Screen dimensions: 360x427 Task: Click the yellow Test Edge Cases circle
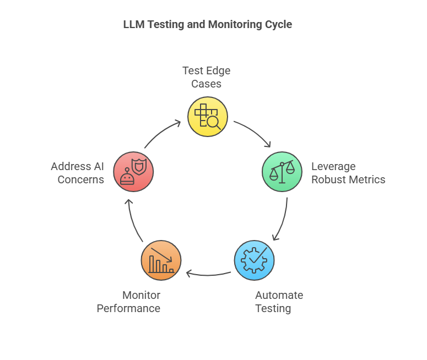(x=208, y=117)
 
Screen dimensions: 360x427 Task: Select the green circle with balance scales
(x=282, y=172)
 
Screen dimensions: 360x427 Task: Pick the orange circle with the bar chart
(x=161, y=260)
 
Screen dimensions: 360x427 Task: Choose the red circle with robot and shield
(x=133, y=172)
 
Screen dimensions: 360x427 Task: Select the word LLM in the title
(x=133, y=25)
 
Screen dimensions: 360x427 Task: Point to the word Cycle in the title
(x=279, y=25)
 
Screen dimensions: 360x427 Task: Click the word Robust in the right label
(x=328, y=179)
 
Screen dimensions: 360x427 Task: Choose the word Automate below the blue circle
(x=279, y=296)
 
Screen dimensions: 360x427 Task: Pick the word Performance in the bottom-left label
(x=128, y=308)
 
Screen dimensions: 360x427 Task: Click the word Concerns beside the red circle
(x=81, y=179)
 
